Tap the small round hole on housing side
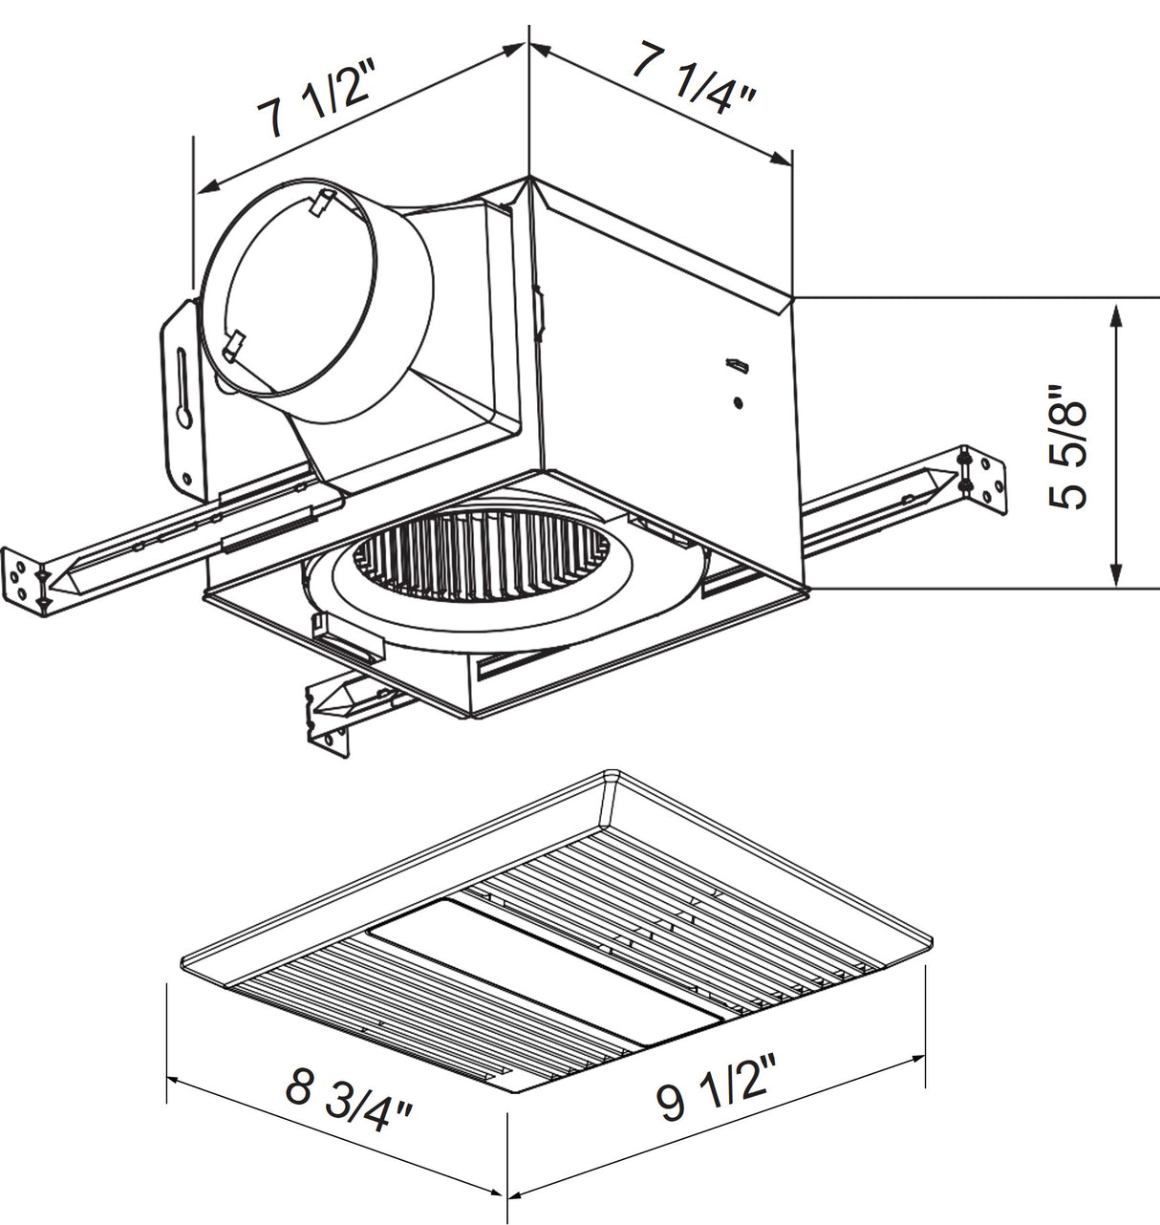(738, 402)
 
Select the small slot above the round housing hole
(737, 365)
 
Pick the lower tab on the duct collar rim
(233, 344)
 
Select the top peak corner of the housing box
(529, 179)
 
